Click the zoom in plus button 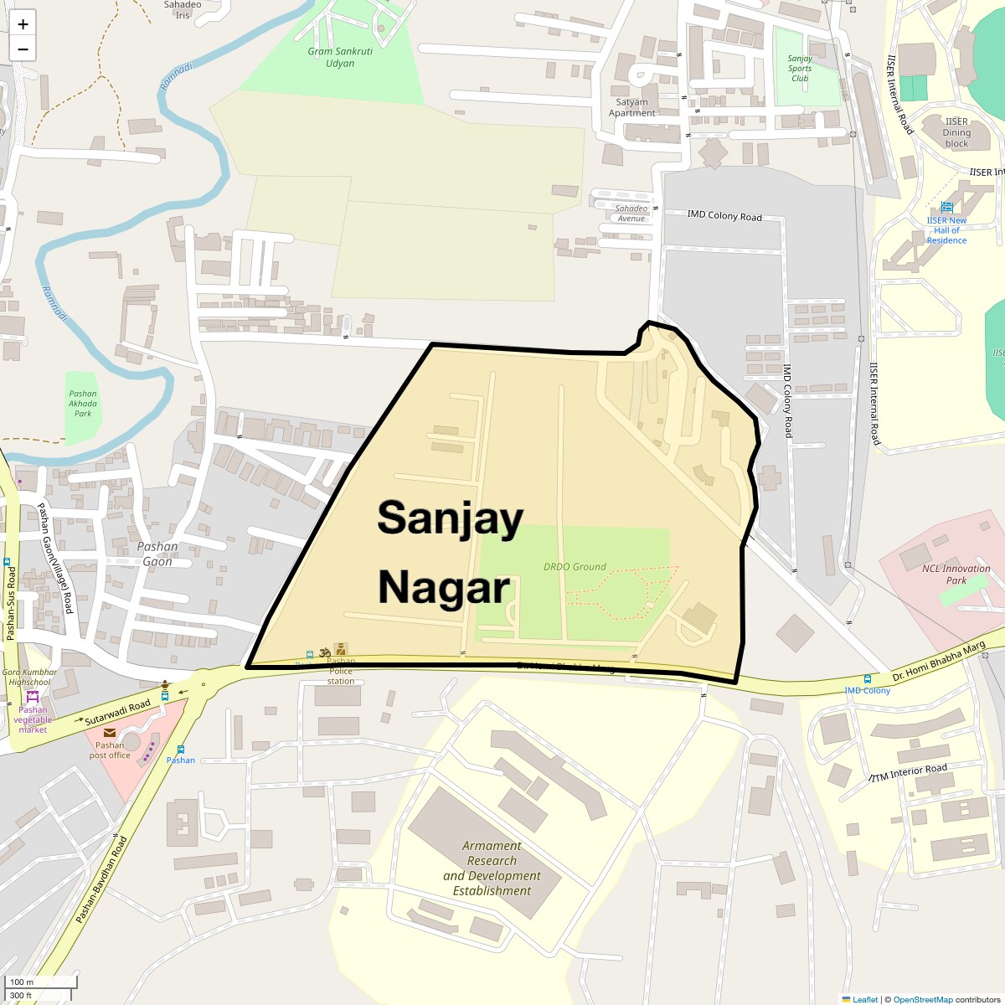tap(23, 24)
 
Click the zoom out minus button tap(23, 49)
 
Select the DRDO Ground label tap(575, 567)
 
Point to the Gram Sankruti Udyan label tap(340, 57)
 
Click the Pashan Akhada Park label tap(83, 403)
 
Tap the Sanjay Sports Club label tap(800, 69)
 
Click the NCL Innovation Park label tap(956, 574)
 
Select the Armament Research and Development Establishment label tap(492, 868)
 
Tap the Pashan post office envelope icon tap(110, 732)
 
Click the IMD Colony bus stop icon tap(867, 679)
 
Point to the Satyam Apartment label tap(631, 107)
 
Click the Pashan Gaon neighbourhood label tap(157, 554)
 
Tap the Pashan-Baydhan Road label tap(101, 879)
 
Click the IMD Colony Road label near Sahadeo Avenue tap(724, 215)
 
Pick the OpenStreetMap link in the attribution tap(922, 999)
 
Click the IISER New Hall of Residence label tap(946, 230)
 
